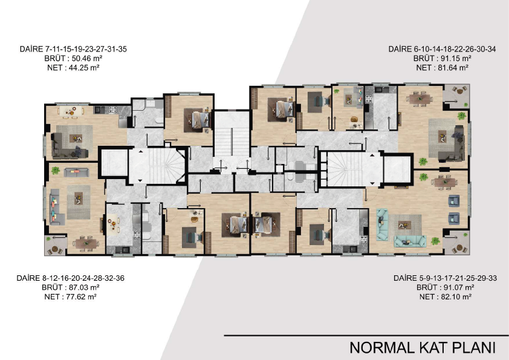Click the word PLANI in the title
tap(469, 347)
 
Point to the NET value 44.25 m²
tap(84, 68)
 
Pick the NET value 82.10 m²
tap(456, 296)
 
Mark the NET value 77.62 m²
tap(81, 296)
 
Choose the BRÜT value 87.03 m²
tap(84, 287)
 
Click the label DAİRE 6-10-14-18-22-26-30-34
tap(442, 49)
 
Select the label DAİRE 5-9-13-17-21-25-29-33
tap(445, 278)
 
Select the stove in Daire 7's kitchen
tap(112, 110)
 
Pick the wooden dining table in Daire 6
tap(421, 98)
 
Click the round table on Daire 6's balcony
tap(459, 91)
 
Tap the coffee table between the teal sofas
tap(404, 225)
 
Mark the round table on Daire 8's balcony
tap(54, 250)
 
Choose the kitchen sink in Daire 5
tap(351, 249)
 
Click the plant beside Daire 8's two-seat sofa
tap(56, 170)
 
